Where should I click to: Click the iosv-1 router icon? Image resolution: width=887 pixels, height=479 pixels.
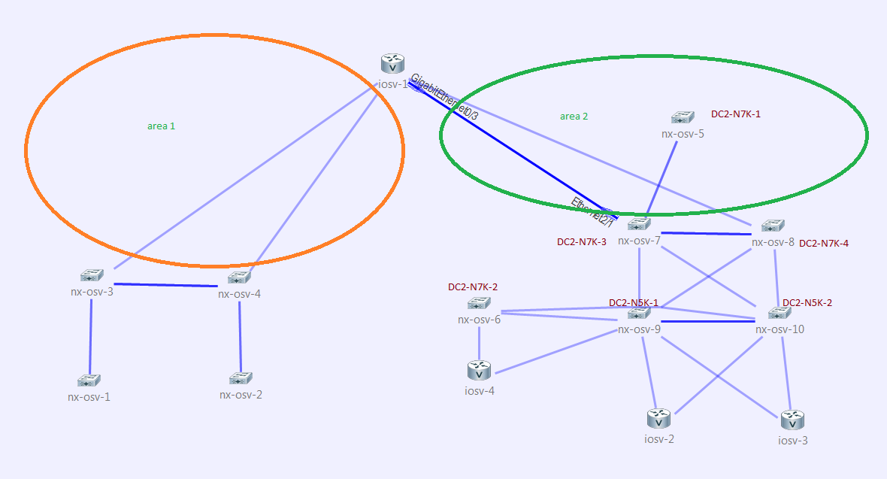(392, 63)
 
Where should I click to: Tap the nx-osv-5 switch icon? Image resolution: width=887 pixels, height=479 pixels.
(683, 117)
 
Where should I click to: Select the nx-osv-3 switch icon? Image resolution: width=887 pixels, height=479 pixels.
(92, 275)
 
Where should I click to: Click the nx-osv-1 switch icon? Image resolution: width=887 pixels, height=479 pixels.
(89, 380)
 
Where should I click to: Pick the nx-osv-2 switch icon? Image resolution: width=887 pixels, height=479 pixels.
(241, 377)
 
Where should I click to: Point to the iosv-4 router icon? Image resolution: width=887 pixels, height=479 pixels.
(479, 369)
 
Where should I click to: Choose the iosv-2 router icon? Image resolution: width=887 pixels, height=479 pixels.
(658, 418)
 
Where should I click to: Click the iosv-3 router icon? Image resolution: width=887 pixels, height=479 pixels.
(792, 420)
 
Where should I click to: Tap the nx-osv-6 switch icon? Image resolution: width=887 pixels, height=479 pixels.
(479, 303)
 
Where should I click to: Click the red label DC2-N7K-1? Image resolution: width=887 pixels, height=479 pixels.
(736, 114)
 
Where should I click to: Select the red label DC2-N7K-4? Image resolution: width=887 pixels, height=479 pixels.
(824, 243)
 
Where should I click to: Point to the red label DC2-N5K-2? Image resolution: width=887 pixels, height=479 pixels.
(807, 303)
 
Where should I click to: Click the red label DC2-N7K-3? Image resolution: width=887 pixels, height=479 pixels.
(582, 242)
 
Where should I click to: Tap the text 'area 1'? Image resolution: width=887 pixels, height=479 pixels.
(161, 126)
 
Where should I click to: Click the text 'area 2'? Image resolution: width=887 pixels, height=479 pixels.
(574, 116)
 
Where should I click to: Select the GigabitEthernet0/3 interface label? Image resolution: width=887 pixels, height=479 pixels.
(445, 97)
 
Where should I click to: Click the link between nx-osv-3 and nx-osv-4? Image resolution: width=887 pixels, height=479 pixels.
(165, 285)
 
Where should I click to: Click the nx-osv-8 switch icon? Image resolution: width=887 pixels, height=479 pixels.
(773, 226)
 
